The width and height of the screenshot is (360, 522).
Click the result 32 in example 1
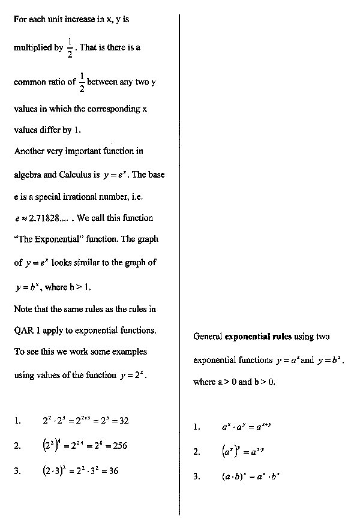coord(123,421)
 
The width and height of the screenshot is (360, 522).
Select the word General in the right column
coord(208,337)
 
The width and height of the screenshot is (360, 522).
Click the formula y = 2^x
coord(133,376)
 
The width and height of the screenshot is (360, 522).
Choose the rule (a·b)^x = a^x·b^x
coord(251,478)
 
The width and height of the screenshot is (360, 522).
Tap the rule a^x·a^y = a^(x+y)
coord(246,427)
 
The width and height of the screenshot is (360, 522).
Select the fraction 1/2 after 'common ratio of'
coord(82,83)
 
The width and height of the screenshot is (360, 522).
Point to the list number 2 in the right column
coord(196,452)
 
